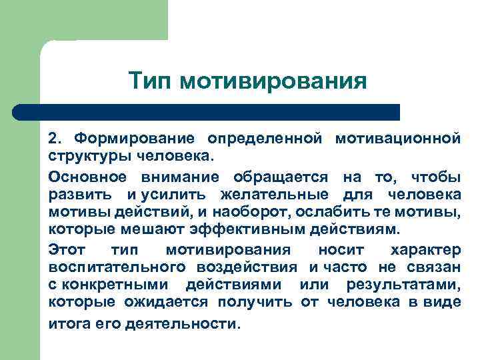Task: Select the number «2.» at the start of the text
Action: coord(56,139)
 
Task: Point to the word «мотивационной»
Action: coord(398,139)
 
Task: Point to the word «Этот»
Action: coord(66,250)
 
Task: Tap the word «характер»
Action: coord(425,250)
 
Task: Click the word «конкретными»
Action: coord(116,285)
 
